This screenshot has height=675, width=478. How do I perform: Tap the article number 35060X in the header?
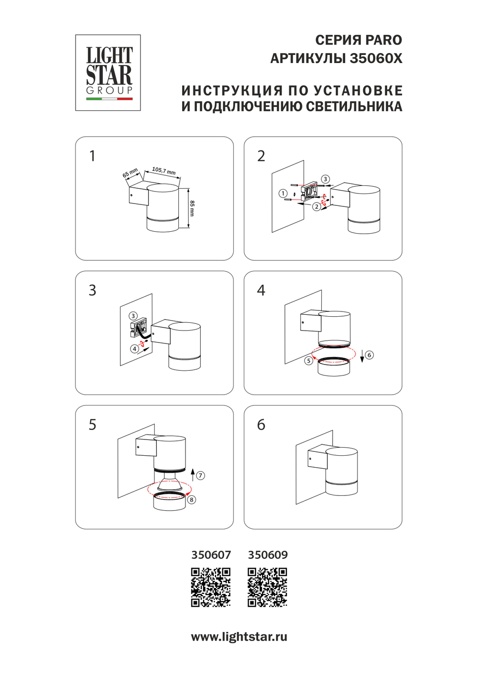coord(376,58)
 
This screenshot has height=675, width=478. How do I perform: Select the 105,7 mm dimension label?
coord(164,171)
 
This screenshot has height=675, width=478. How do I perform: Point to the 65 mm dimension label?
coord(130,172)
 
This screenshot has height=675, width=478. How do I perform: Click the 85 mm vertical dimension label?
coord(192,208)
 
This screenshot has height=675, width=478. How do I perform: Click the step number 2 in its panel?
coord(261,156)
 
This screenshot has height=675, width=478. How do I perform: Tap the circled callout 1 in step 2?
coord(283,193)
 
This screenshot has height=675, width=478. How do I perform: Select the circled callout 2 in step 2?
coord(316,207)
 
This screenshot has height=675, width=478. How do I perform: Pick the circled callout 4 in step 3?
coord(135,349)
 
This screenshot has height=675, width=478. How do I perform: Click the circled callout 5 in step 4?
coord(309,361)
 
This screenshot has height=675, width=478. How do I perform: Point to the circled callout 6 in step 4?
coord(369,355)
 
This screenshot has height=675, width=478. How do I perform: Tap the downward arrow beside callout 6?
coord(362,356)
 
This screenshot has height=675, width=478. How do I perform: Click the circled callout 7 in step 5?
coord(200,475)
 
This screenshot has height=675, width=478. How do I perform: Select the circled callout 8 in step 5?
coord(191,500)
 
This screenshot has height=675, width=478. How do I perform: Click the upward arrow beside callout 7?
coord(193,474)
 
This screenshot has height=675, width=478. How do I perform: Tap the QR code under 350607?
coord(211,587)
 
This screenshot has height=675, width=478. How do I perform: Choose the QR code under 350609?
coord(267,587)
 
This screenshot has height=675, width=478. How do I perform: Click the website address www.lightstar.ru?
coord(239,637)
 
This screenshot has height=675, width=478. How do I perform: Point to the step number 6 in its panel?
coord(261,425)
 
